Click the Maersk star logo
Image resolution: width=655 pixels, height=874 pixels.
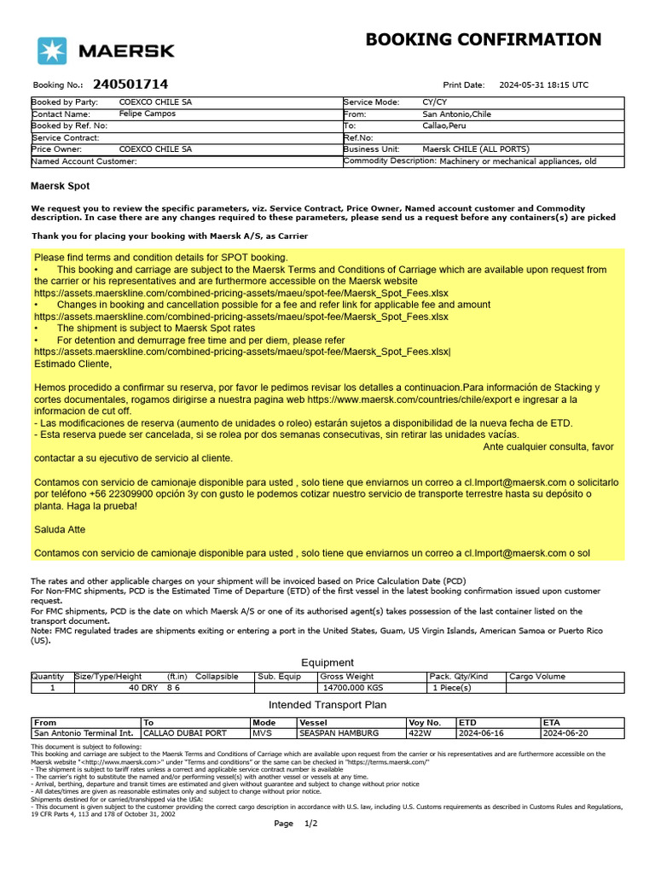pyautogui.click(x=51, y=50)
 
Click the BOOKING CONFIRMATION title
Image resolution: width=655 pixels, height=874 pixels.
pyautogui.click(x=483, y=39)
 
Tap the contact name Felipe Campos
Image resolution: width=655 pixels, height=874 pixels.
pyautogui.click(x=148, y=114)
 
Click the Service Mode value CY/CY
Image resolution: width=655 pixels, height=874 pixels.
pyautogui.click(x=434, y=102)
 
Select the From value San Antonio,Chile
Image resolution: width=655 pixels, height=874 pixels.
pyautogui.click(x=457, y=114)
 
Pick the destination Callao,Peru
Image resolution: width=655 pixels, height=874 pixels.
pyautogui.click(x=444, y=125)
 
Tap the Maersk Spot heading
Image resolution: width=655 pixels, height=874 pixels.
pyautogui.click(x=60, y=185)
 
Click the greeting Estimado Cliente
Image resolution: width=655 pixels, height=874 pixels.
pyautogui.click(x=72, y=364)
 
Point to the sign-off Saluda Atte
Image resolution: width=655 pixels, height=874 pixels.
pyautogui.click(x=60, y=529)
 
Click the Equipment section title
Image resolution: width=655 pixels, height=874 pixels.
pyautogui.click(x=327, y=662)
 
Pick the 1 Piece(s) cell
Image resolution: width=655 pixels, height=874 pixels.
pyautogui.click(x=451, y=687)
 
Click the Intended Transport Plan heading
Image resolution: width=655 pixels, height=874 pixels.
pyautogui.click(x=327, y=705)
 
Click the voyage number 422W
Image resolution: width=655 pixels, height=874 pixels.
pyautogui.click(x=419, y=733)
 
